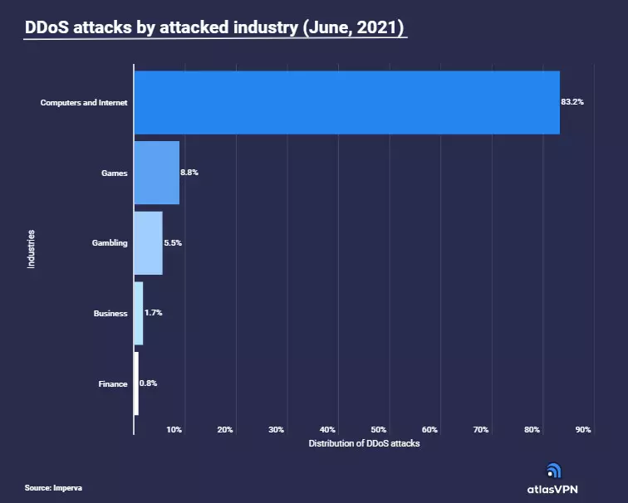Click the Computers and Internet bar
point(346,102)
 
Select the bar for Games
point(157,173)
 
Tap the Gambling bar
point(148,243)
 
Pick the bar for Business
point(139,314)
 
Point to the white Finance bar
point(136,383)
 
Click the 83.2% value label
point(572,102)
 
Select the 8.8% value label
point(189,173)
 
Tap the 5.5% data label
point(173,243)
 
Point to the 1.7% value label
point(154,314)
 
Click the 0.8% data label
point(149,383)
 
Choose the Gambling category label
point(110,243)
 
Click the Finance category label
point(113,383)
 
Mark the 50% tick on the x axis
point(379,429)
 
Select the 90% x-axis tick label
point(583,429)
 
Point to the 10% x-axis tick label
point(174,429)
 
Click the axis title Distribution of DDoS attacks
point(365,444)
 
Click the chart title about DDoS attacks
point(214,27)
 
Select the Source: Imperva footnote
point(53,487)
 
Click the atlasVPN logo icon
point(552,471)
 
